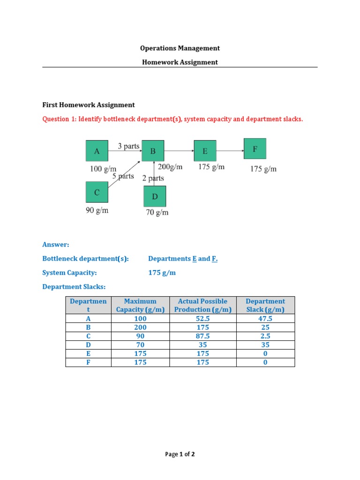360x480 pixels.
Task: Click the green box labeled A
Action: pos(97,151)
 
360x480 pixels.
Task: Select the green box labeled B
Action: pos(153,151)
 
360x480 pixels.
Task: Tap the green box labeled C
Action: pos(97,192)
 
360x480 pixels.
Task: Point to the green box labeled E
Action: pos(205,151)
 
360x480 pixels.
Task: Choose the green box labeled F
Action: pos(255,149)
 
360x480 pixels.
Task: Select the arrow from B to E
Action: pos(179,151)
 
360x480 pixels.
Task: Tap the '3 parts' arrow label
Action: pos(128,146)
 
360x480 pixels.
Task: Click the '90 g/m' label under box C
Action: pos(97,210)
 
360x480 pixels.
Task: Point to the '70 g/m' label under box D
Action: pos(157,212)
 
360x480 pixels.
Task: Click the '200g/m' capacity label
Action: pos(170,166)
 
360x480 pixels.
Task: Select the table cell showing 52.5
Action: pos(202,318)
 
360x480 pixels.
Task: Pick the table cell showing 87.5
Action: pos(202,336)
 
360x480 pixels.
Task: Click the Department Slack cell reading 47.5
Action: pos(265,318)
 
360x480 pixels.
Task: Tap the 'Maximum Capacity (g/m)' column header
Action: pos(141,305)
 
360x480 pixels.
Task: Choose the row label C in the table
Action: pos(88,336)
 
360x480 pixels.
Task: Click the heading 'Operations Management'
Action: pos(180,48)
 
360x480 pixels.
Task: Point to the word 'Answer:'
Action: pos(56,245)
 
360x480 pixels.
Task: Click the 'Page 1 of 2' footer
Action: pos(180,454)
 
